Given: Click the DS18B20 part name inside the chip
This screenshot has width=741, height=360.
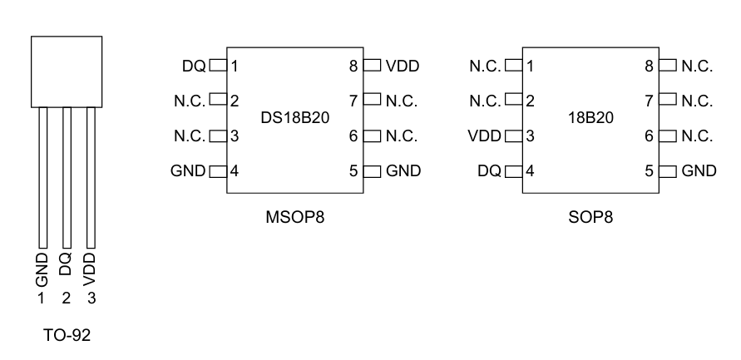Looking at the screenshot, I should [x=294, y=118].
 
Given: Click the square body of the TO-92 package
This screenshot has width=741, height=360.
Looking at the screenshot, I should [x=67, y=70].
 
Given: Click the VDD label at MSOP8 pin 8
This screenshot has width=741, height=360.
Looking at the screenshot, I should [x=403, y=65].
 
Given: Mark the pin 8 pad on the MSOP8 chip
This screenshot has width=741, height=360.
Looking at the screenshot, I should [x=372, y=65].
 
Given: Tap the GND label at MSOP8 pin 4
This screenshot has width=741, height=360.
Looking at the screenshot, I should [x=188, y=171].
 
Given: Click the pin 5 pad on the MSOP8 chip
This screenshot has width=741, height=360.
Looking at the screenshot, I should [x=372, y=171].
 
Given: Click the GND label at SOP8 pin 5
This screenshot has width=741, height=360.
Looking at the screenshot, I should [x=699, y=171].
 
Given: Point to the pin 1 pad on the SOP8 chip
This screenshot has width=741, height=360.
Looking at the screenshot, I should [x=513, y=65].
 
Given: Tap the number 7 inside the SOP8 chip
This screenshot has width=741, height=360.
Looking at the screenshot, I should [x=650, y=101].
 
